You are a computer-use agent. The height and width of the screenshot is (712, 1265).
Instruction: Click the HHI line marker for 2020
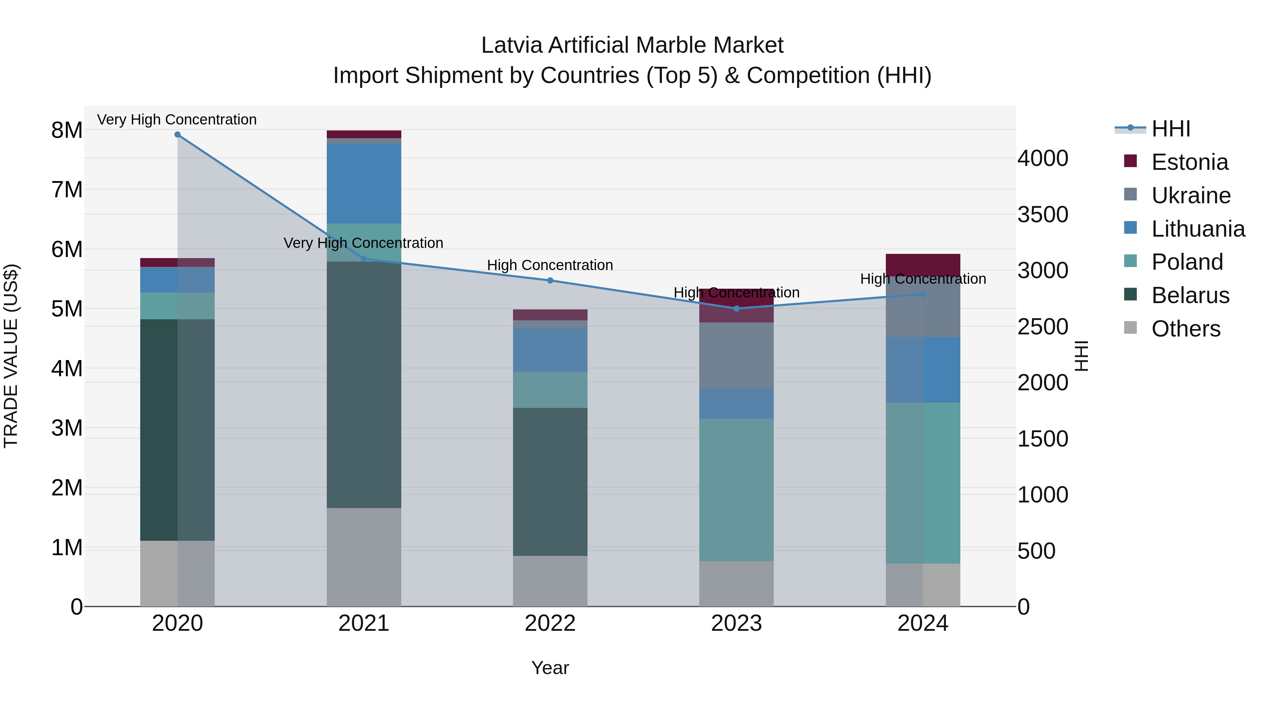[x=177, y=135]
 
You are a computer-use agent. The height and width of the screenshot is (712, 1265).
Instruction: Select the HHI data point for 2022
[x=550, y=281]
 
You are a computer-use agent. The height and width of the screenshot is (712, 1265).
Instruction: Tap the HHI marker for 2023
[x=736, y=309]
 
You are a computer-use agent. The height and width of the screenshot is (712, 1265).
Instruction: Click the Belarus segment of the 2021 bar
[x=364, y=384]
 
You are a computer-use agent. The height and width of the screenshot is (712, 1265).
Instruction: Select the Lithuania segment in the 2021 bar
[x=364, y=183]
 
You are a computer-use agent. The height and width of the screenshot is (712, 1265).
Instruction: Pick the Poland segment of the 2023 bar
[x=736, y=489]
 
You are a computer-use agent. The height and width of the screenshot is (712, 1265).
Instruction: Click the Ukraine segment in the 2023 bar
[x=736, y=355]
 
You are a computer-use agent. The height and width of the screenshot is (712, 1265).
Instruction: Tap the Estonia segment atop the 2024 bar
[x=923, y=264]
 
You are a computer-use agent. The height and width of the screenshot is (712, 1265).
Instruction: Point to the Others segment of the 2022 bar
[x=550, y=581]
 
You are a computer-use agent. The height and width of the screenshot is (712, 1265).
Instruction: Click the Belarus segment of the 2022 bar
[x=550, y=482]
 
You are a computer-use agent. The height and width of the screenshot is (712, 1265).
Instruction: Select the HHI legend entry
[x=1171, y=129]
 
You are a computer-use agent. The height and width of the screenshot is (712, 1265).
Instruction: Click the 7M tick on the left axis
[x=67, y=190]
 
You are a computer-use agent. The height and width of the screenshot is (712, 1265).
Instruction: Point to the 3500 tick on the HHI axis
[x=1043, y=215]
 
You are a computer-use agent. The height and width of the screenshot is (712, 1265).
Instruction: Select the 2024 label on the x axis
[x=923, y=623]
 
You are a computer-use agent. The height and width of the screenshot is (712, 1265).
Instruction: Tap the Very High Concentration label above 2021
[x=363, y=243]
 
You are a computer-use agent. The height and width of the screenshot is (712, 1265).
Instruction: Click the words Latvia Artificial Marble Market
[x=632, y=45]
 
